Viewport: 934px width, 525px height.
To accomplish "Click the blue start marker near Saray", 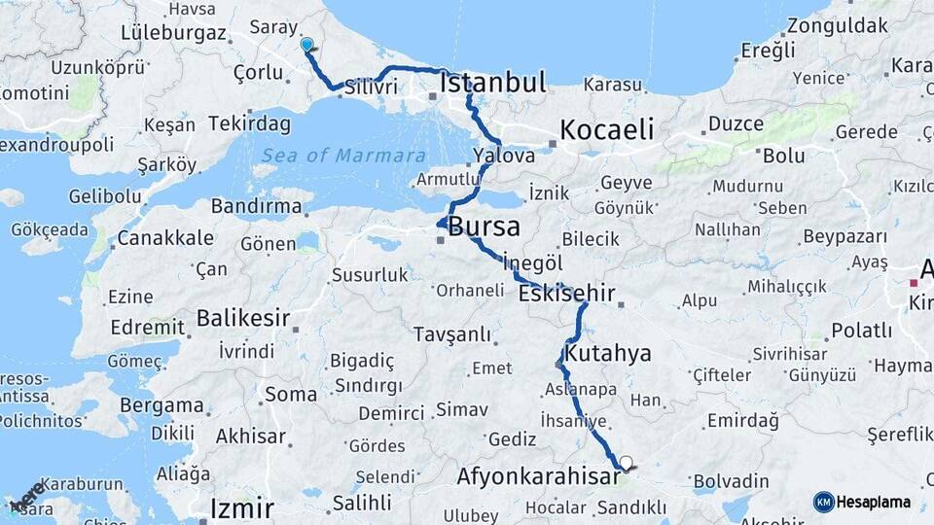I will click(x=307, y=45).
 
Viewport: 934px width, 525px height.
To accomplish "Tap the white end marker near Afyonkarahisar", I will click(x=626, y=464).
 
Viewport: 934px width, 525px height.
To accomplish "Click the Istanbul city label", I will click(x=492, y=83).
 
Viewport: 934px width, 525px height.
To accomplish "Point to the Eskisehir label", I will click(x=567, y=293).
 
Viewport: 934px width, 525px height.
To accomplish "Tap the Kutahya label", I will click(x=607, y=352).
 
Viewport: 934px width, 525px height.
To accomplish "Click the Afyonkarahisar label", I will click(x=538, y=476).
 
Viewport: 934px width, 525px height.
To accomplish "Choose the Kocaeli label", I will click(x=606, y=129).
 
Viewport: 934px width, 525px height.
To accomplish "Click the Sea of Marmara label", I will click(x=343, y=156).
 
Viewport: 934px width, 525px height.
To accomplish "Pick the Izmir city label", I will click(x=242, y=507).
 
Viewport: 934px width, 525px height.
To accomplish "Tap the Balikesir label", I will click(x=243, y=317).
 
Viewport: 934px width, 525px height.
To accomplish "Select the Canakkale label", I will click(x=165, y=238).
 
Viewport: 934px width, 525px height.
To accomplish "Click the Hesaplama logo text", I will click(x=874, y=502).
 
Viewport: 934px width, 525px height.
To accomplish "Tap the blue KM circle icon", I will click(x=824, y=502).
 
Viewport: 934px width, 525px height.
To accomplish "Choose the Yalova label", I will click(x=504, y=156).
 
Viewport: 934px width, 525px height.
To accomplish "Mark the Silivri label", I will click(x=371, y=87).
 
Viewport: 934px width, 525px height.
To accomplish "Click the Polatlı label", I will click(x=860, y=331).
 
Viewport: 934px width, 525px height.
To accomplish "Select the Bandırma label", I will click(x=257, y=206).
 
